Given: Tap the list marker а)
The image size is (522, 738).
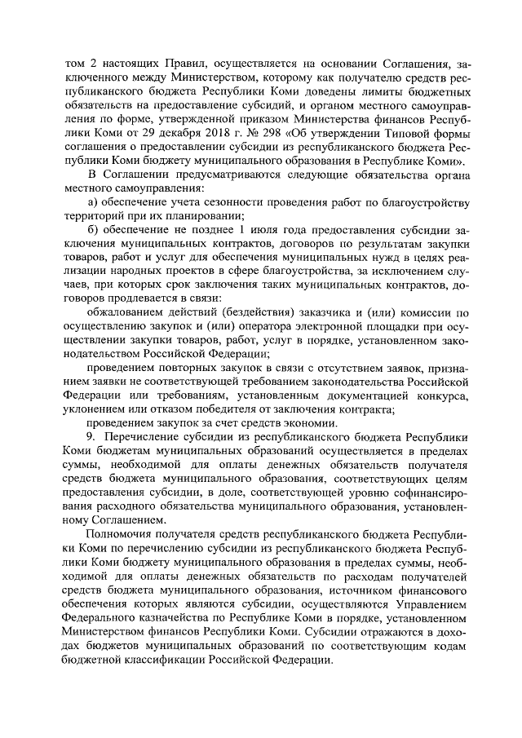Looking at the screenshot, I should coord(93,201).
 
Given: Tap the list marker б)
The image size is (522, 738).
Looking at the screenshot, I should coord(93,230).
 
